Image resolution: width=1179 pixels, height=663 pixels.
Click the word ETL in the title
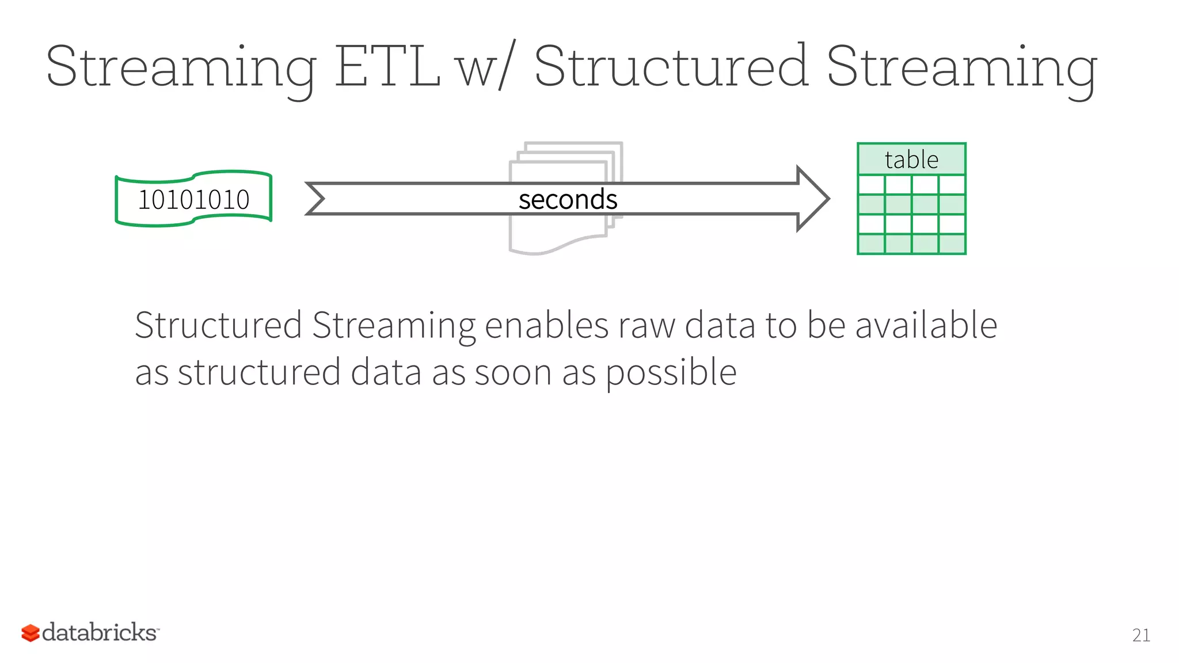(x=387, y=67)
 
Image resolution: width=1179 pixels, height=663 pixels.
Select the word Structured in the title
(x=671, y=67)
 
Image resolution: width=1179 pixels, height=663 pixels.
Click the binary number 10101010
(x=193, y=200)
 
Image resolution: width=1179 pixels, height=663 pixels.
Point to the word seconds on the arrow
(x=568, y=200)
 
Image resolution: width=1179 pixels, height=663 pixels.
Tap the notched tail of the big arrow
(x=317, y=199)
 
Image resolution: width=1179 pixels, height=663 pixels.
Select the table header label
(x=911, y=159)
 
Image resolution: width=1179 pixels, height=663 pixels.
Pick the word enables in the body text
(x=546, y=325)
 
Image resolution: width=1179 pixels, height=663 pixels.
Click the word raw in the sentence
(x=646, y=325)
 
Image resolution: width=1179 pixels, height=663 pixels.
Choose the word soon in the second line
(x=513, y=372)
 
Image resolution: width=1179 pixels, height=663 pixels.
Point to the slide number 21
(x=1141, y=635)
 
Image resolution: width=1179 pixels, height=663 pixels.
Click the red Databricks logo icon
(x=30, y=633)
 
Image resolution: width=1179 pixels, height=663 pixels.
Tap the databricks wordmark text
(x=99, y=632)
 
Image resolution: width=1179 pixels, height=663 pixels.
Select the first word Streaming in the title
(x=181, y=67)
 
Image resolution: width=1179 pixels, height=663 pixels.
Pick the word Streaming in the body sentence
(x=394, y=325)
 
